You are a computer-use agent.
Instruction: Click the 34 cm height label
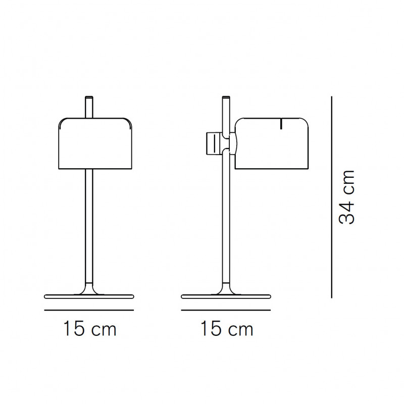[x=348, y=197]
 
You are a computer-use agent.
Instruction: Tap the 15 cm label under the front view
[x=90, y=330]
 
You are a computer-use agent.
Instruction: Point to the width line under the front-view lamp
[x=90, y=309]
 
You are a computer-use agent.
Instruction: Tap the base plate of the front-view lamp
[x=90, y=295]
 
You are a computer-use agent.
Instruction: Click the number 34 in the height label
[x=348, y=211]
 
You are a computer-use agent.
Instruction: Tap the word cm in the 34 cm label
[x=348, y=183]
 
